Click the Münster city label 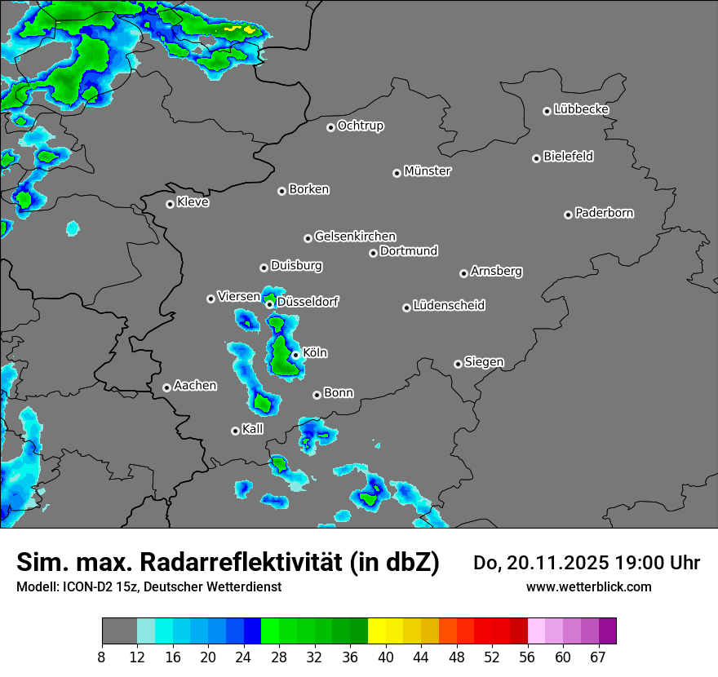pyautogui.click(x=428, y=171)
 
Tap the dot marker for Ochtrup pyautogui.click(x=330, y=127)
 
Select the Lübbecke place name pyautogui.click(x=581, y=109)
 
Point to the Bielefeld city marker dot pyautogui.click(x=536, y=158)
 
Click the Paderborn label pyautogui.click(x=604, y=213)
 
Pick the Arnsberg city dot pyautogui.click(x=463, y=273)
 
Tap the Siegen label pyautogui.click(x=484, y=362)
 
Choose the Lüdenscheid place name pyautogui.click(x=449, y=306)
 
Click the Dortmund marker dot pyautogui.click(x=373, y=253)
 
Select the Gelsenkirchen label pyautogui.click(x=355, y=237)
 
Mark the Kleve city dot pyautogui.click(x=170, y=204)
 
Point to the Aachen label pyautogui.click(x=195, y=386)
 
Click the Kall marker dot pyautogui.click(x=235, y=431)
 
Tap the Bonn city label pyautogui.click(x=339, y=393)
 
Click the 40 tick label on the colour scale pyautogui.click(x=385, y=657)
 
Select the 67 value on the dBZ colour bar pyautogui.click(x=599, y=657)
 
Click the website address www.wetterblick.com pyautogui.click(x=588, y=586)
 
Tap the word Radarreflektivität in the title pyautogui.click(x=244, y=562)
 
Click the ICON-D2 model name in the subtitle pyautogui.click(x=82, y=586)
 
